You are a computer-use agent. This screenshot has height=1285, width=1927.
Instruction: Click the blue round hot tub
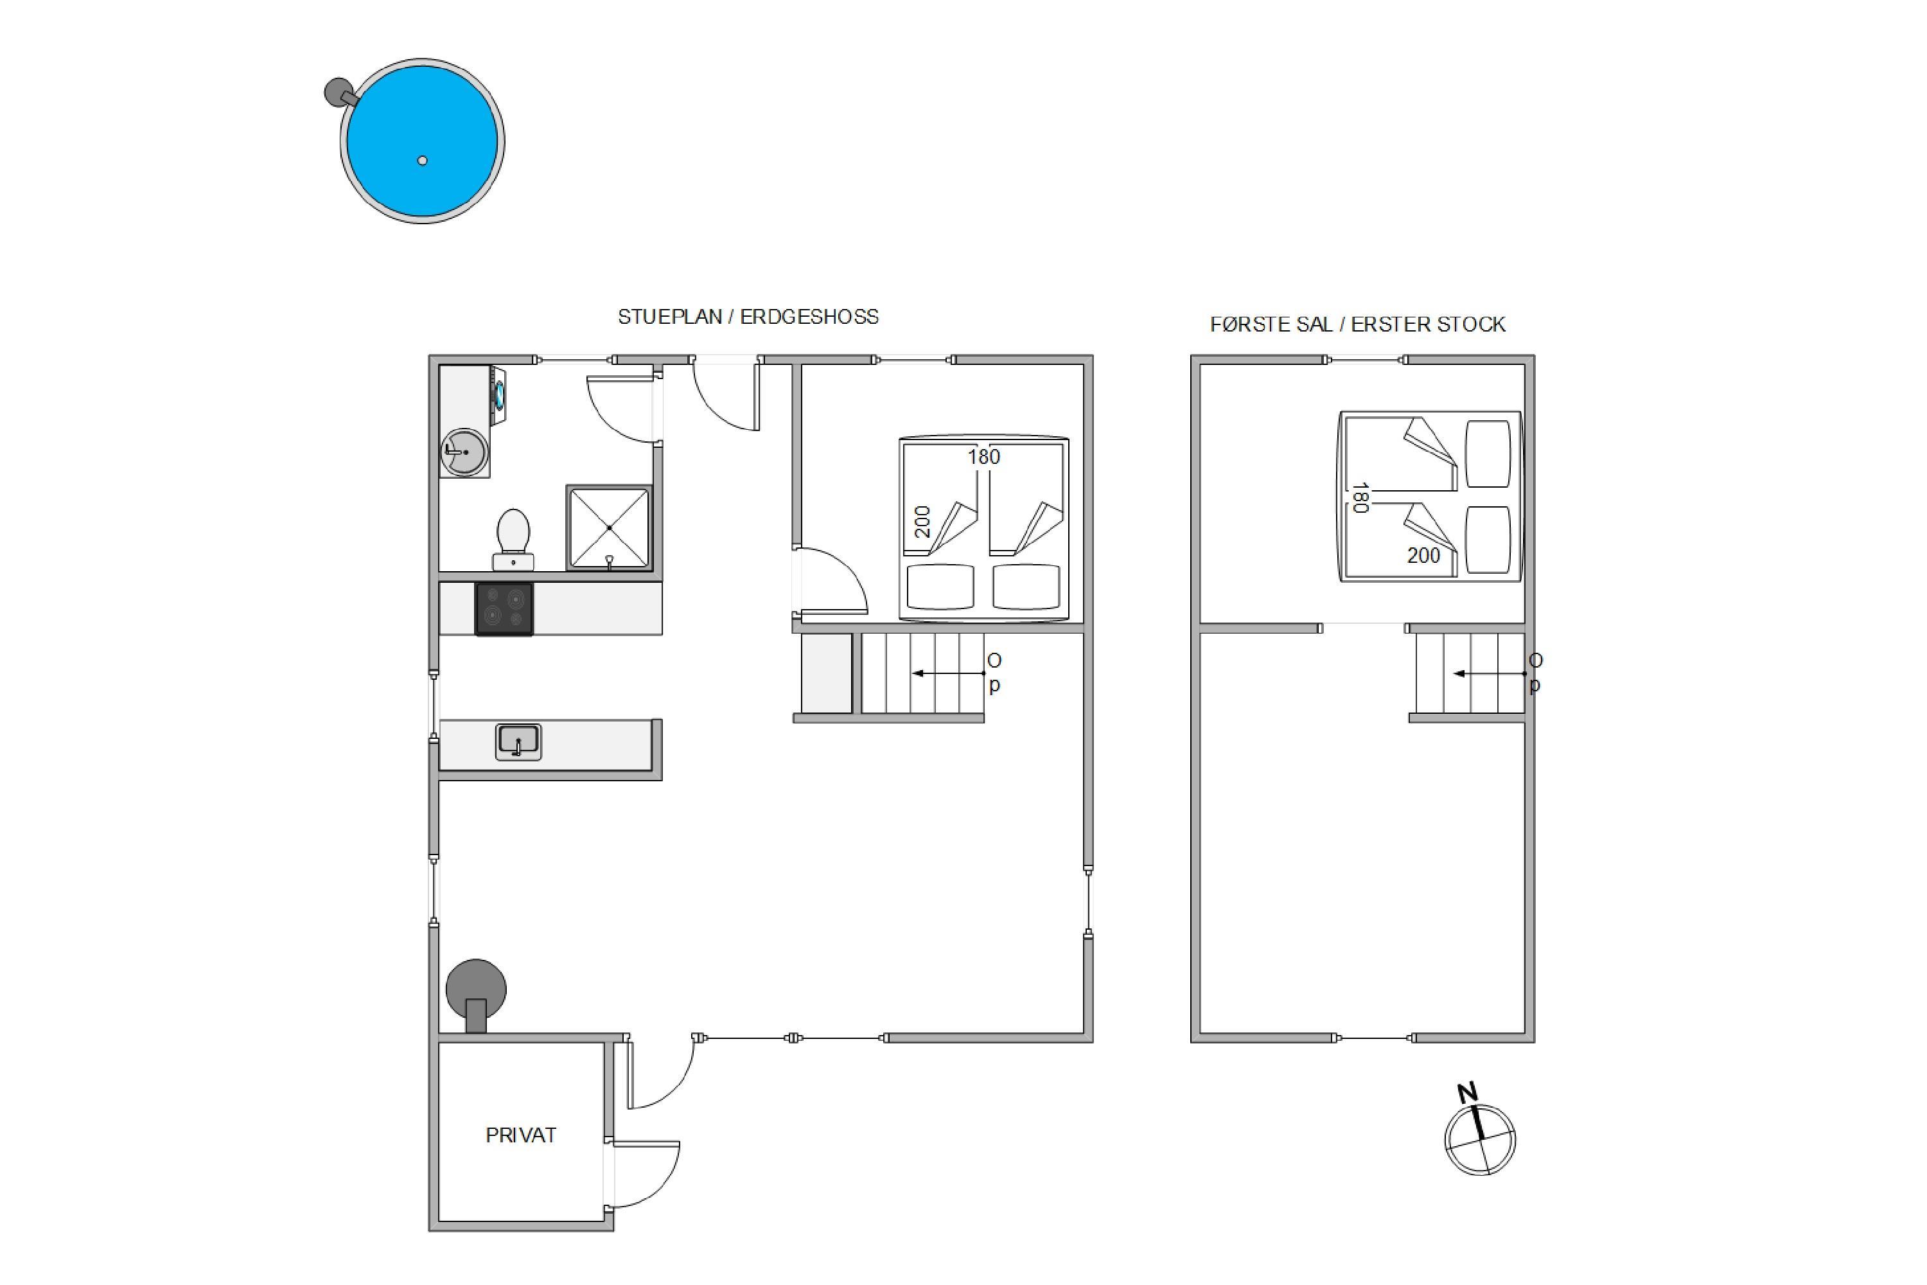tap(422, 141)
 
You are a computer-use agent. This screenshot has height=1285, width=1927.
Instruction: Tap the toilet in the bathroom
tap(513, 539)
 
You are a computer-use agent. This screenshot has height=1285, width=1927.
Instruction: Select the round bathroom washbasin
tap(464, 452)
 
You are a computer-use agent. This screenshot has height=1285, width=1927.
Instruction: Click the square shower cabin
tap(609, 527)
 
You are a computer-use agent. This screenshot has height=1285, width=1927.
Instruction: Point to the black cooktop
tap(504, 609)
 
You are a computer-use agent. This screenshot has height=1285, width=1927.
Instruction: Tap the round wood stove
tap(476, 995)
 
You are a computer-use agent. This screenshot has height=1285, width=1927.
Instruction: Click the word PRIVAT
tap(521, 1135)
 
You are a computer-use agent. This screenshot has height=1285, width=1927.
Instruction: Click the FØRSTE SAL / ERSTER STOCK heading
tap(1358, 324)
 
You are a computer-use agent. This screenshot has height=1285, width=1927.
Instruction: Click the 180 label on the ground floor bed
tap(983, 456)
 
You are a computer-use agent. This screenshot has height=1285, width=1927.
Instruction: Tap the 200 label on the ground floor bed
tap(922, 522)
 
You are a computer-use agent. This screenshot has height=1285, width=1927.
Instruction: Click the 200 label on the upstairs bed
tap(1423, 556)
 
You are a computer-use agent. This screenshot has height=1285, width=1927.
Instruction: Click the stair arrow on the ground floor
tap(949, 673)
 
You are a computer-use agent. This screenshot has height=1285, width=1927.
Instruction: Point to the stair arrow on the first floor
tap(1490, 673)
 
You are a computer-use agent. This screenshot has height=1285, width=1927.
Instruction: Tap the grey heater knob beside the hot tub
tap(338, 92)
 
